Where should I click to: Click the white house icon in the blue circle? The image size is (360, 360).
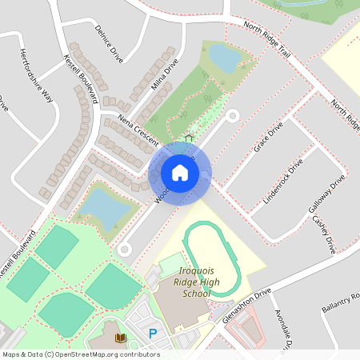180,172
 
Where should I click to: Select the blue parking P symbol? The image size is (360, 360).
152,334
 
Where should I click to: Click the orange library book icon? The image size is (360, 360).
122,339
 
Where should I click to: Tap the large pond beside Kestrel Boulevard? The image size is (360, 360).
103,206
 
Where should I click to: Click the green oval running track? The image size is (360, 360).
212,258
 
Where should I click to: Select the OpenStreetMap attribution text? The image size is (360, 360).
80,354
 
